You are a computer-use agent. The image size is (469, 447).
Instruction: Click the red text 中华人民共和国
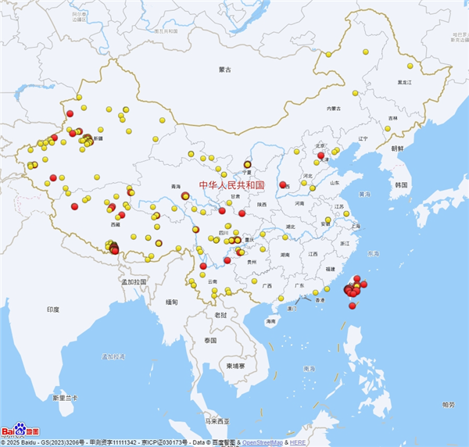click(x=231, y=185)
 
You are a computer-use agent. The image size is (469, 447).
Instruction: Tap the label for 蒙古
click(x=225, y=70)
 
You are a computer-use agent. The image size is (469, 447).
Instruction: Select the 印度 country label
click(x=52, y=309)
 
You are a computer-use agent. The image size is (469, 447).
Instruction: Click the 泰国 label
click(x=210, y=341)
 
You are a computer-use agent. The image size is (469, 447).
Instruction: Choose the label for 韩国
click(x=402, y=184)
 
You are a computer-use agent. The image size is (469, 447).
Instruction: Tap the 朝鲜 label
click(x=397, y=148)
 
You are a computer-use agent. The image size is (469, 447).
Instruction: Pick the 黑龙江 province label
click(x=404, y=81)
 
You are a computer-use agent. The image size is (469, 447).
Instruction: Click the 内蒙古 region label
click(x=335, y=109)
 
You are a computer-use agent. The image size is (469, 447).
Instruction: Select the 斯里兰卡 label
click(x=64, y=398)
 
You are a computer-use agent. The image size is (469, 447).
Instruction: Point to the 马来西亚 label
click(x=217, y=421)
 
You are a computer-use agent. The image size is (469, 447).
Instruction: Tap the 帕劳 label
click(x=448, y=404)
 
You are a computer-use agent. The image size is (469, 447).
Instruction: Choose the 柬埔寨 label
click(x=232, y=366)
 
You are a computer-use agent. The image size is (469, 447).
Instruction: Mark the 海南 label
click(x=270, y=321)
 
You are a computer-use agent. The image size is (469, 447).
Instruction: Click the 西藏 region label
click(x=116, y=224)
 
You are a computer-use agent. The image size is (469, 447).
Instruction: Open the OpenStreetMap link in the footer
click(x=262, y=442)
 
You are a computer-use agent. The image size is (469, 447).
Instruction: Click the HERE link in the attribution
click(x=298, y=442)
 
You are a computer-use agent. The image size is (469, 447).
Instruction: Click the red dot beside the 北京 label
click(x=320, y=155)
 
